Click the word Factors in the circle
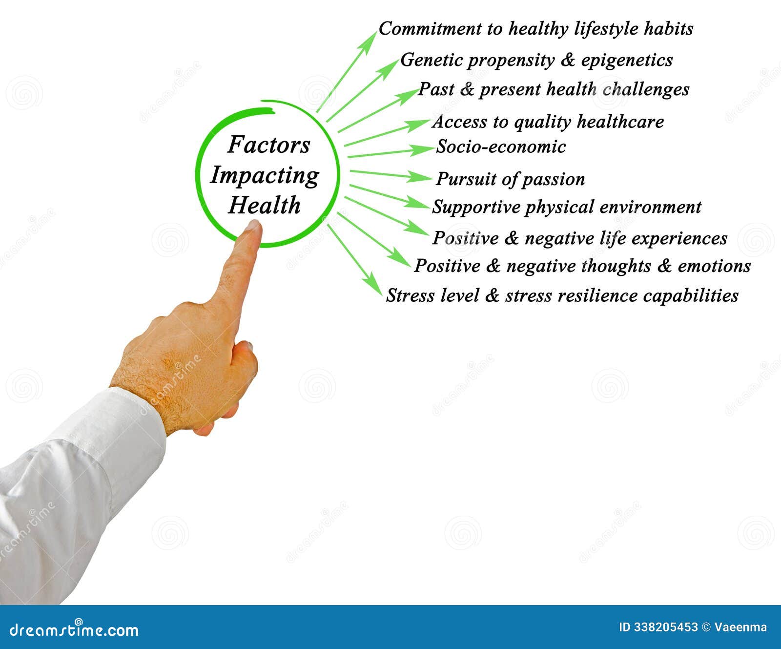click(269, 145)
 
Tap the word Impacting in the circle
click(265, 176)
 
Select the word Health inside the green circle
click(264, 205)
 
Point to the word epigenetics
click(627, 61)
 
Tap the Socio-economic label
click(501, 147)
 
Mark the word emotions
click(714, 266)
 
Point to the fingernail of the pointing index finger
click(253, 225)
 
